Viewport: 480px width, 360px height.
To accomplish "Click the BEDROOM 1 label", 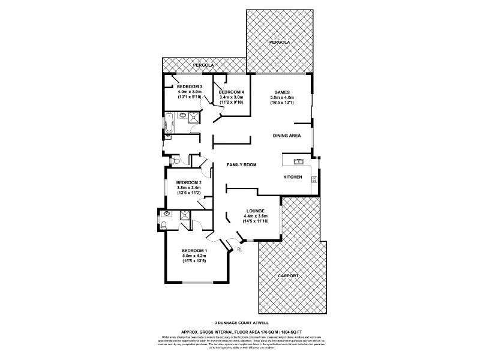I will pos(194,250).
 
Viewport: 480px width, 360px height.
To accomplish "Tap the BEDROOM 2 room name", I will pos(188,182).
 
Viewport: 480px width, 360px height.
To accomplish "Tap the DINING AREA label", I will pos(287,136).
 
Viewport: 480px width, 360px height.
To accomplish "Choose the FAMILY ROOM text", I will pos(241,164).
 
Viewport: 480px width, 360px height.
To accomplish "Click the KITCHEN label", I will pos(293,177).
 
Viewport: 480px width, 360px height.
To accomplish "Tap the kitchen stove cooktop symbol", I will pos(314,179).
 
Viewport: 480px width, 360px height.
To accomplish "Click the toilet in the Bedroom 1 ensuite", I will pos(164,226).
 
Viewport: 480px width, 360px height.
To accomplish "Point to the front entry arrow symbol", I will pos(240,248).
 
